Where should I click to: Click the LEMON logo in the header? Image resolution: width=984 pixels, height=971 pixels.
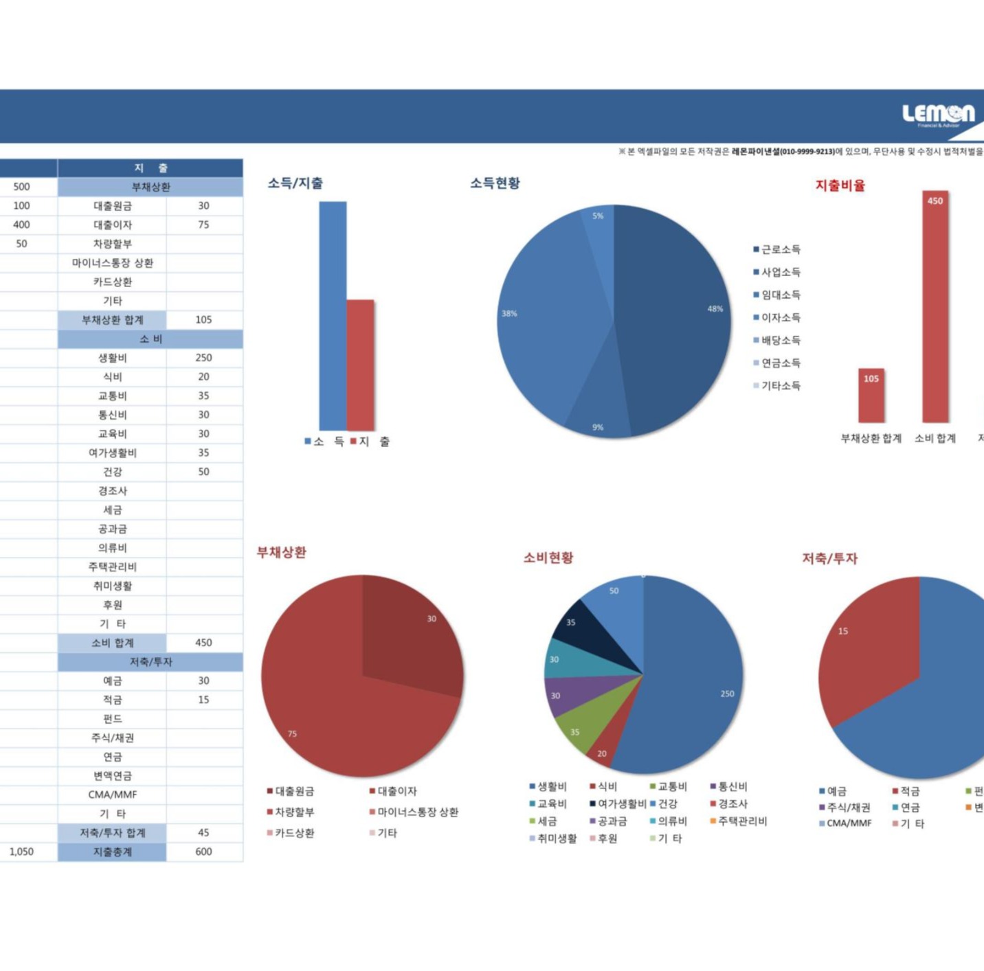(x=938, y=115)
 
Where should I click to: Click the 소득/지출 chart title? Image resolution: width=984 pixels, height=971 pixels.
(x=295, y=183)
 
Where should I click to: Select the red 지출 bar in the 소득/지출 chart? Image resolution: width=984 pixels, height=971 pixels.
(x=360, y=365)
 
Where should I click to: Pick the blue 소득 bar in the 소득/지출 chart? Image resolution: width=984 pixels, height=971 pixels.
(x=333, y=316)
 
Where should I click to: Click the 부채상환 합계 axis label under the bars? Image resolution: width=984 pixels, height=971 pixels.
(x=871, y=438)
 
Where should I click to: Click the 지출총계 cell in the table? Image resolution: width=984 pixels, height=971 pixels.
(x=112, y=852)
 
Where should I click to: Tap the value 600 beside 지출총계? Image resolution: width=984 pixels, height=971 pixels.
(x=203, y=852)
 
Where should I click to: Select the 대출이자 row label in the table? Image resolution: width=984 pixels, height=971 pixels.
(x=112, y=225)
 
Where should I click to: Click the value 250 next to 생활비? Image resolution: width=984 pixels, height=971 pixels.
(x=203, y=358)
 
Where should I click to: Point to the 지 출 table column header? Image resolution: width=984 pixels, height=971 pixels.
(x=150, y=168)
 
